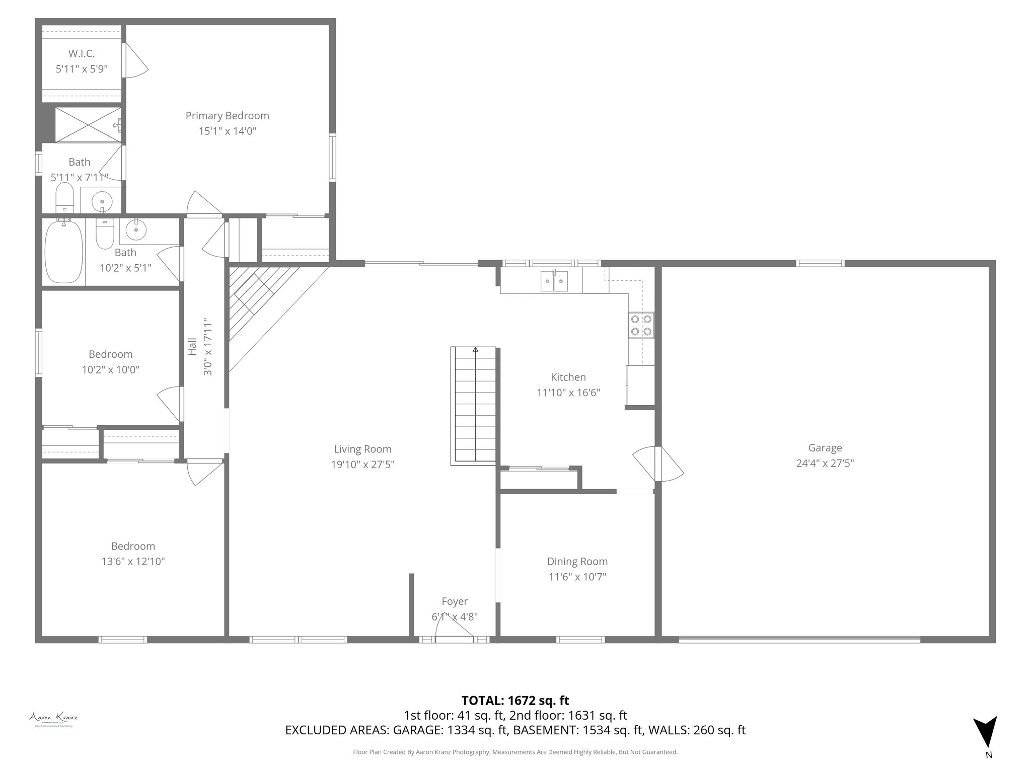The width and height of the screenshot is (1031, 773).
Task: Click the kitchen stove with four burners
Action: [641, 325]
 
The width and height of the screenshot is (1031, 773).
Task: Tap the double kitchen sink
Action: [554, 281]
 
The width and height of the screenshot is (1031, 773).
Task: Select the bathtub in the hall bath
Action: [63, 252]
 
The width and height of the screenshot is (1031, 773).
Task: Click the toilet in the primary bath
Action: [64, 198]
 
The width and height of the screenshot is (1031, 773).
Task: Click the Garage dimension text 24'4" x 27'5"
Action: [825, 463]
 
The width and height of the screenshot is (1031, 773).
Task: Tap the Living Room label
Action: [362, 449]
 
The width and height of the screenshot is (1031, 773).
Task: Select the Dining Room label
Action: [577, 561]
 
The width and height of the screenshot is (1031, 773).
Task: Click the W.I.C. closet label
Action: [81, 53]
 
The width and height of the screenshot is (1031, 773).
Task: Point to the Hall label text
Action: [193, 346]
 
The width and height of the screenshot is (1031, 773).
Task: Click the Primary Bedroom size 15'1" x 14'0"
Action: [227, 131]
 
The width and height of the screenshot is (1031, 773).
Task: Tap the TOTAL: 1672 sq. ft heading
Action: [515, 700]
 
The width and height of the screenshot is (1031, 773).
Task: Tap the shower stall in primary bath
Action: [88, 125]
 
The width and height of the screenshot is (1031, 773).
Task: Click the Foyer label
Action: [454, 601]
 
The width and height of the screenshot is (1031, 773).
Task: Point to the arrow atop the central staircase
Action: [475, 349]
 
